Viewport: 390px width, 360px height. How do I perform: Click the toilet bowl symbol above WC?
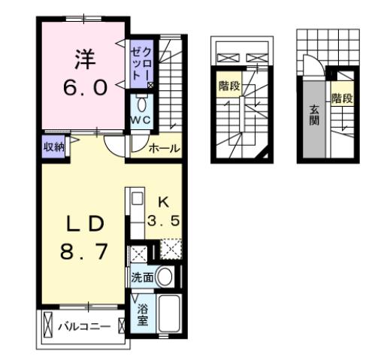(141, 104)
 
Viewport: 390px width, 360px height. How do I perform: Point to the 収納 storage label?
(53, 146)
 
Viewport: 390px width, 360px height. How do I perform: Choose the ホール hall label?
(163, 149)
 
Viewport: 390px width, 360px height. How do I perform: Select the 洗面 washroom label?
(143, 277)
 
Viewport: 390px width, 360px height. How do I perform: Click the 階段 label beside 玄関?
(342, 98)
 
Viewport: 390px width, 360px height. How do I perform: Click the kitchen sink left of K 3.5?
(138, 201)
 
